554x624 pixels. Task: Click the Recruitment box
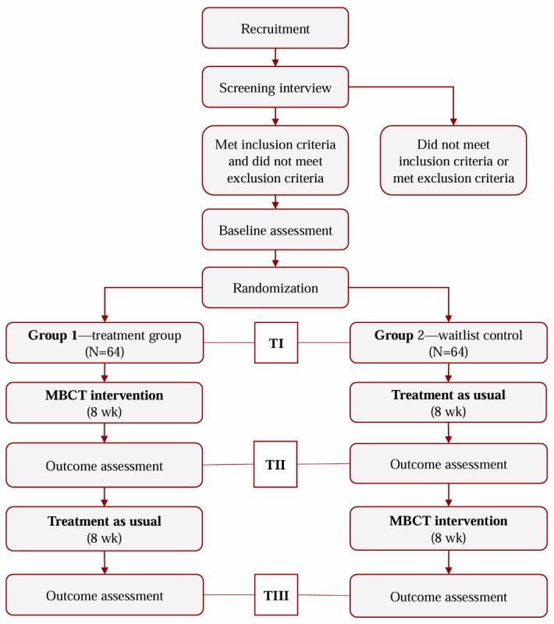(274, 29)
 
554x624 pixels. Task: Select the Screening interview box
(274, 88)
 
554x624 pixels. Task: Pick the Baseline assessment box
(274, 231)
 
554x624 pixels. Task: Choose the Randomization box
(274, 287)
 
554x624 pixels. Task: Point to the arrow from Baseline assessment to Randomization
(274, 259)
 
